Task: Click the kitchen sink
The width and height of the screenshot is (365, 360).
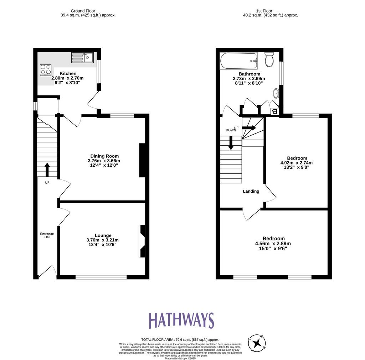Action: [x=82, y=58]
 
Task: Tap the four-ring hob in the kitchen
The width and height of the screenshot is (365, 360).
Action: [x=46, y=70]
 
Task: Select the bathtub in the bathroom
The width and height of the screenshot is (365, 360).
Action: [x=239, y=61]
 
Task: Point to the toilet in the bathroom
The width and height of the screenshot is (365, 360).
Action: [x=269, y=59]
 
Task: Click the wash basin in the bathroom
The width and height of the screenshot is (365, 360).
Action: [x=276, y=93]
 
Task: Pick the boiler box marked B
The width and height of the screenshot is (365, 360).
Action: [x=275, y=111]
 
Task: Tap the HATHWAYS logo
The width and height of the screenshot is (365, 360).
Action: [x=181, y=320]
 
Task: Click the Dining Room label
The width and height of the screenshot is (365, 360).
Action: [x=104, y=156]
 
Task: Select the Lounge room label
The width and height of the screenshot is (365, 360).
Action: [x=103, y=235]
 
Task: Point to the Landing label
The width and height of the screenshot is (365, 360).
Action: [x=251, y=191]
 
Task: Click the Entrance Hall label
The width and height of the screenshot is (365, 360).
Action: [x=47, y=235]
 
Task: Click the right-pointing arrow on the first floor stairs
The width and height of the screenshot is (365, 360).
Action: [x=249, y=128]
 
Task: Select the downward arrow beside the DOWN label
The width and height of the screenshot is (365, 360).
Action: [x=231, y=142]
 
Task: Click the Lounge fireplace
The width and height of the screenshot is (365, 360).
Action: [x=142, y=241]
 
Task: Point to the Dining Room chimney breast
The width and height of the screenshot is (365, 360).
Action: [x=142, y=160]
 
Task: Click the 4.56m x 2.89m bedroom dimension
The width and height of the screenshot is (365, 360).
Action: [x=273, y=244]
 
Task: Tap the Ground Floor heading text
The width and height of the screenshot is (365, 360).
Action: [x=83, y=11]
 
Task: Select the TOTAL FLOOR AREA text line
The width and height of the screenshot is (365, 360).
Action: [x=180, y=340]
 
